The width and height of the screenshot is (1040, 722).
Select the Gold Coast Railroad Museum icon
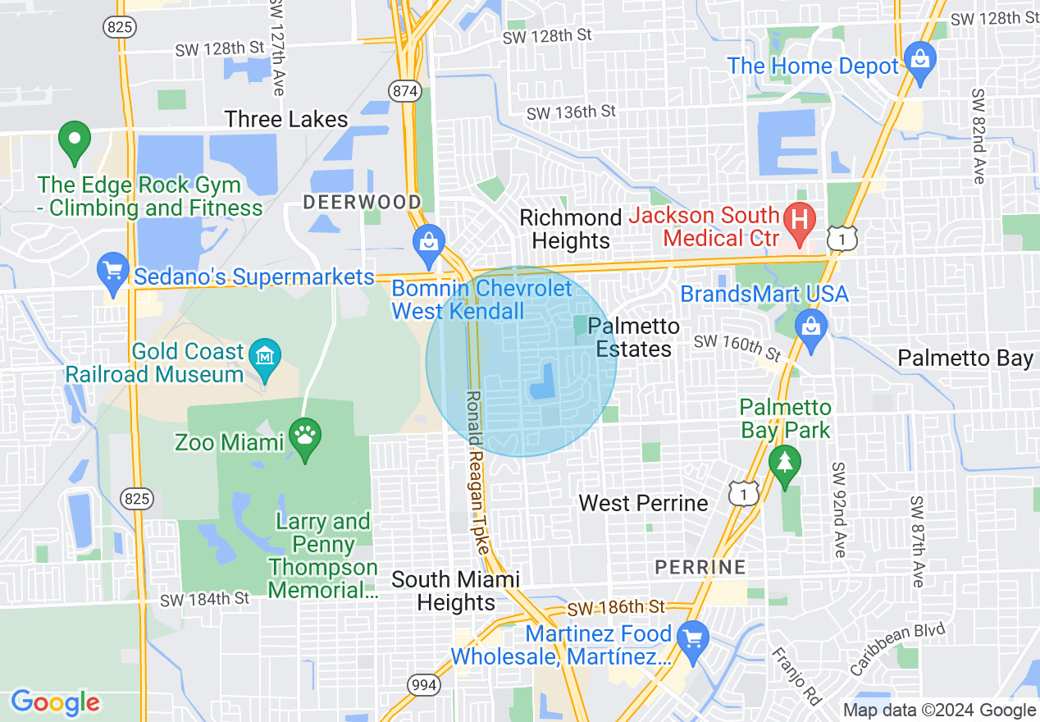(265, 356)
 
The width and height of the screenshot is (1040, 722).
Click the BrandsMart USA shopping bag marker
(811, 327)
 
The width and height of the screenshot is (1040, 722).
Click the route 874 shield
(405, 90)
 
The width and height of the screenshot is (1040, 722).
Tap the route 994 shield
(424, 684)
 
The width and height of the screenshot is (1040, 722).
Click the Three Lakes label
(286, 120)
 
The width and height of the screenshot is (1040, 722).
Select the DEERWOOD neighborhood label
(362, 202)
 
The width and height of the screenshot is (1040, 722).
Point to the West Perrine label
(643, 503)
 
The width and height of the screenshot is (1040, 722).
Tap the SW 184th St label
(204, 600)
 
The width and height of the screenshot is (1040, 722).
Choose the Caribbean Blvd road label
(897, 649)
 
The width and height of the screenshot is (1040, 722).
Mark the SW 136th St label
(571, 112)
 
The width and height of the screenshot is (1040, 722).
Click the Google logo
(55, 702)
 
